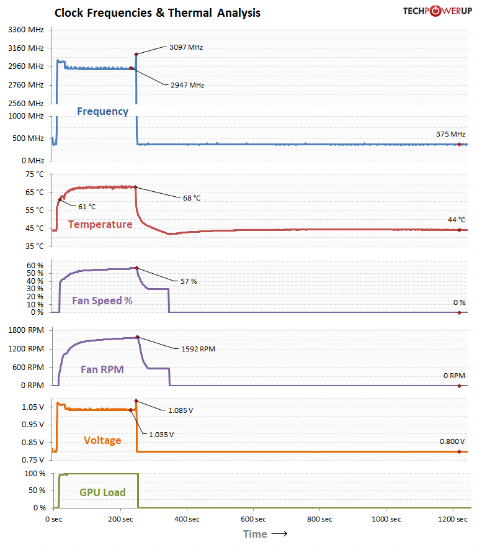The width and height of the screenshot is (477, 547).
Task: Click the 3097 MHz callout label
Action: [186, 47]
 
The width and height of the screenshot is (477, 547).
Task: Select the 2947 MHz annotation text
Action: [187, 85]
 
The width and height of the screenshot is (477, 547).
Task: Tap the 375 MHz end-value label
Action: [450, 134]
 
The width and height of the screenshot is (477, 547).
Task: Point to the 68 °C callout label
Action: [192, 198]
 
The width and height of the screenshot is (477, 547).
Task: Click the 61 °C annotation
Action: [87, 207]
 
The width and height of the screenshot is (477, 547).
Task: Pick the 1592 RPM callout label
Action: [198, 349]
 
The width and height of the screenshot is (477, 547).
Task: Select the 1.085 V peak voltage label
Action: [181, 410]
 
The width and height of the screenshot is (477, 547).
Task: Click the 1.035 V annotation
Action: [161, 435]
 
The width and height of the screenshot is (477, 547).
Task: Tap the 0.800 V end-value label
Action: [452, 441]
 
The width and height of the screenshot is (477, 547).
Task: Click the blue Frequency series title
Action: [103, 111]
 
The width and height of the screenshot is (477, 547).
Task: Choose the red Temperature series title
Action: [100, 224]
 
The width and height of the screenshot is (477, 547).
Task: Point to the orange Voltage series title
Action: [102, 440]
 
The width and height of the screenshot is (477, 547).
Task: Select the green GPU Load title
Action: [102, 492]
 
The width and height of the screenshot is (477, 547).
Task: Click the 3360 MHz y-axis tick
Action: [26, 30]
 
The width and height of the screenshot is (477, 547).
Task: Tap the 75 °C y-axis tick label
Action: [35, 174]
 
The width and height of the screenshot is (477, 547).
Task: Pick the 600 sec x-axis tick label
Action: [253, 519]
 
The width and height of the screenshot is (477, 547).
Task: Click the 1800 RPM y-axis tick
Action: [26, 330]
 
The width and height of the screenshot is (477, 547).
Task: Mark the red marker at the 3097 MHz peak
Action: [136, 55]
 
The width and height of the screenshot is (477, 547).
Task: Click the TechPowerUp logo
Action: [438, 11]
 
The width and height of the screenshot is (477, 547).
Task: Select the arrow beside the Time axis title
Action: [280, 534]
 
